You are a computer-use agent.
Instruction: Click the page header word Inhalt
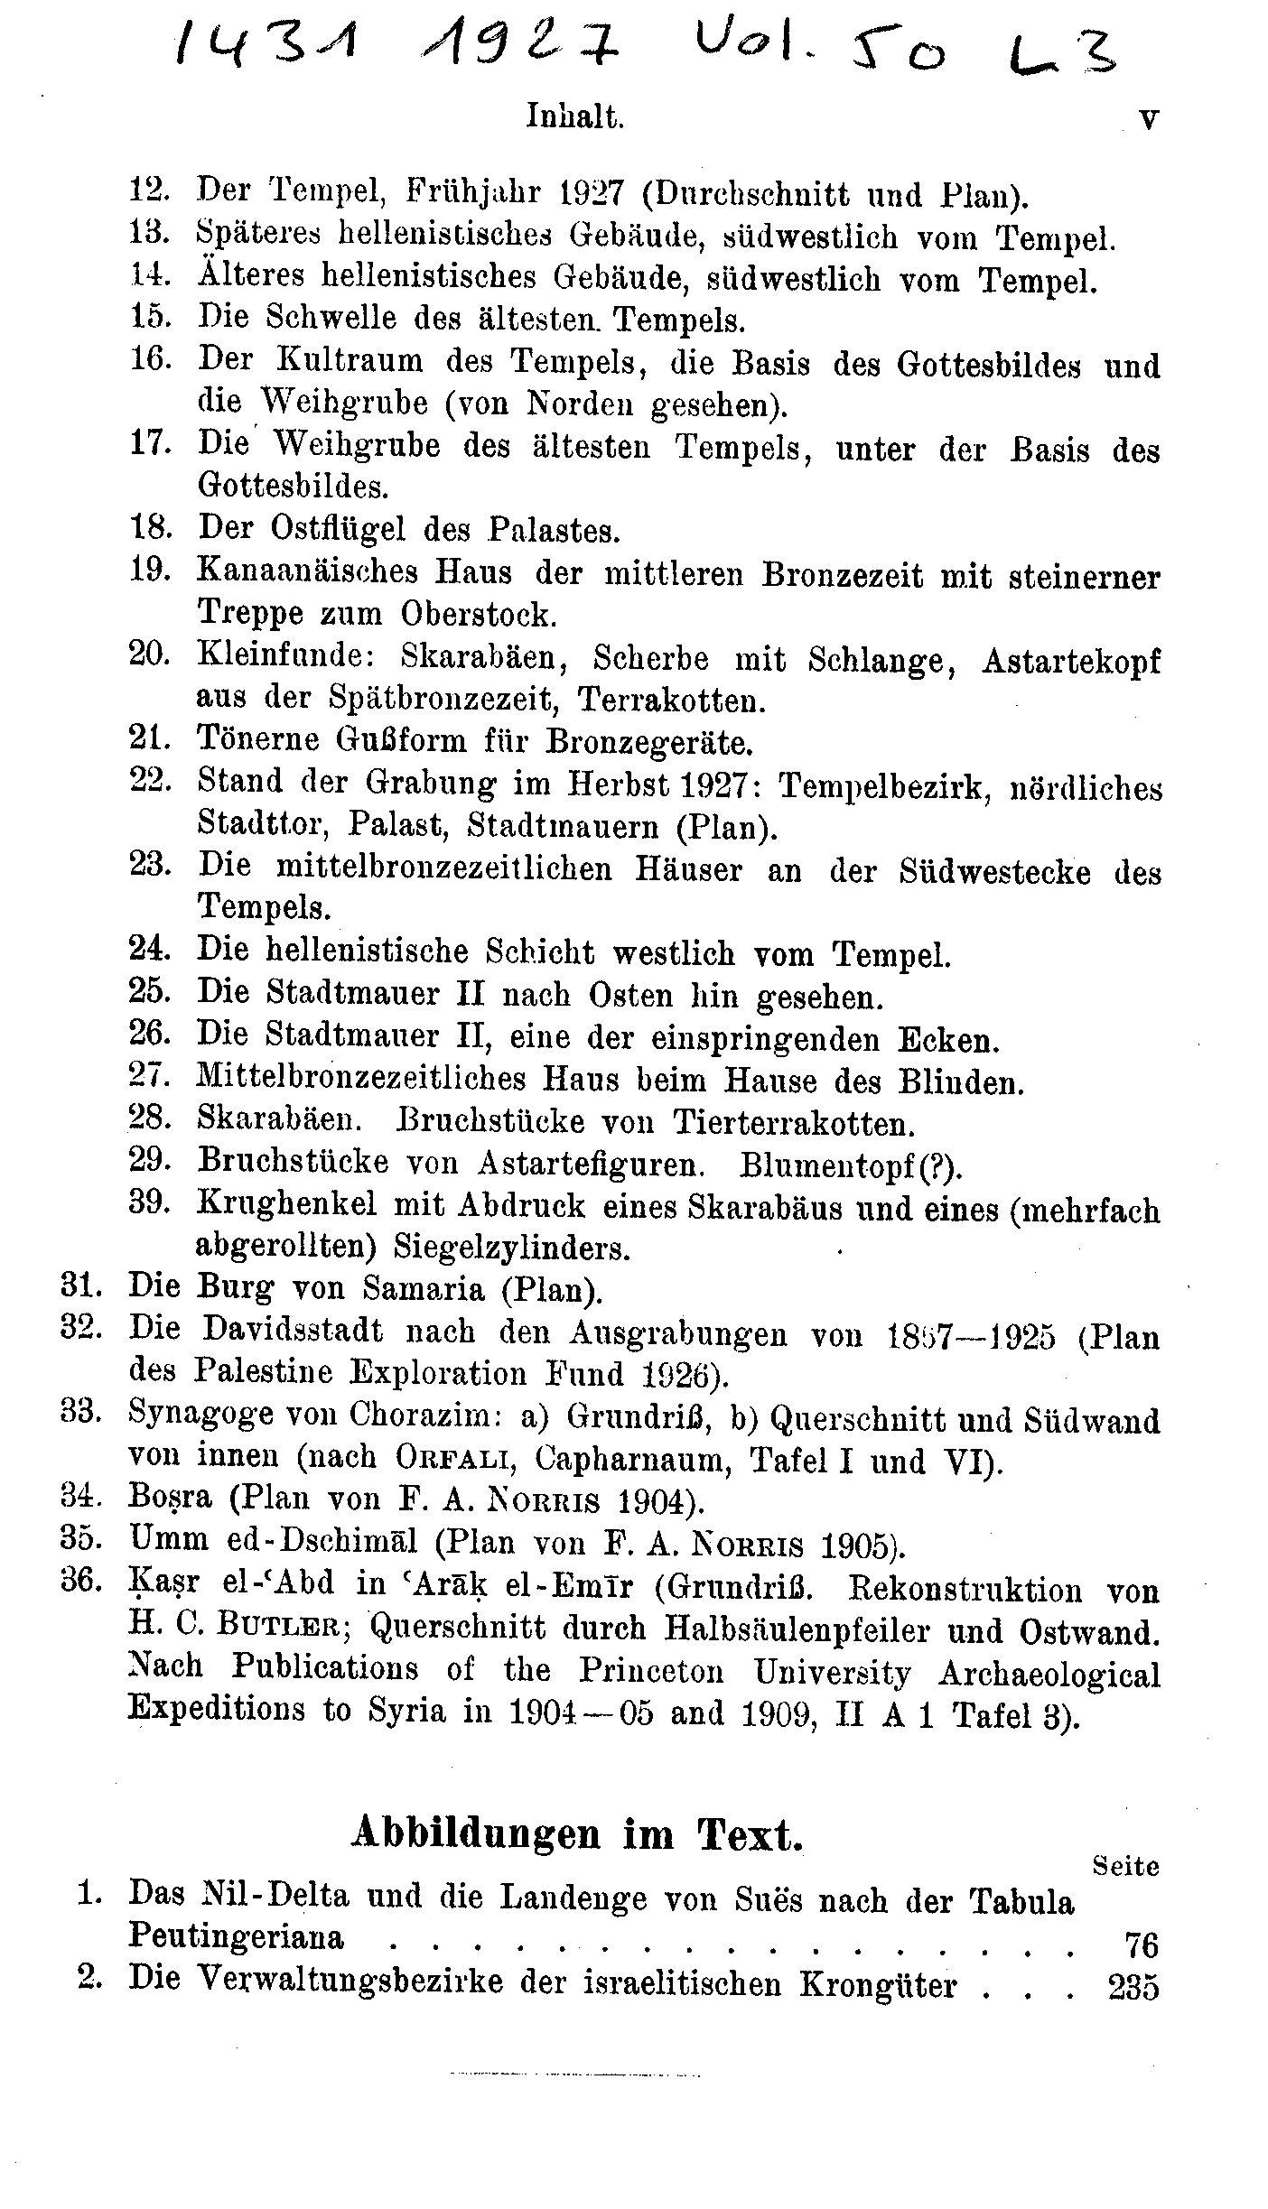coord(575,117)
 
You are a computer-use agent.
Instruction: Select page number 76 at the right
coord(1140,1942)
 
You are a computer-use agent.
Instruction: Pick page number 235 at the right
coord(1133,1986)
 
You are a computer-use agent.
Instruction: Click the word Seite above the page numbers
coord(1125,1865)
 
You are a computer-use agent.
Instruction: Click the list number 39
coord(150,1203)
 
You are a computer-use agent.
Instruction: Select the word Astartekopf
coord(1070,661)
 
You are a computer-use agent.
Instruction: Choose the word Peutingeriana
coord(237,1936)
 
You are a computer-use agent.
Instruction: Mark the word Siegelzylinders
coord(511,1248)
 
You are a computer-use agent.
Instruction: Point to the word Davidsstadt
coord(293,1330)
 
